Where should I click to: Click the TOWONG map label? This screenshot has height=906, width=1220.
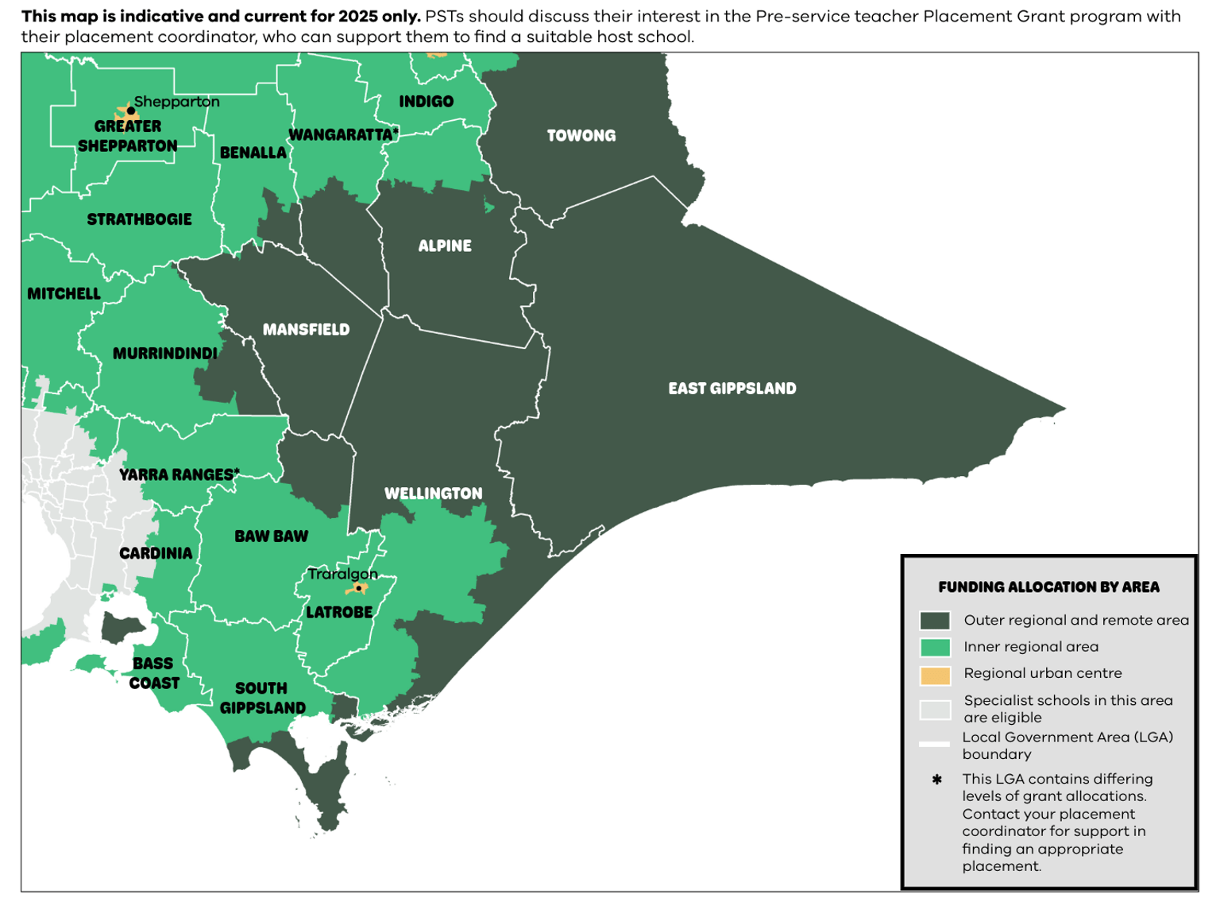[581, 136]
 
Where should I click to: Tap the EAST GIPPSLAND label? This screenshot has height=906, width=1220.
[732, 389]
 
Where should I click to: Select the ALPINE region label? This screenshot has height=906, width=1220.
[445, 246]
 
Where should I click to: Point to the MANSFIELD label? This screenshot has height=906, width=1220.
[306, 330]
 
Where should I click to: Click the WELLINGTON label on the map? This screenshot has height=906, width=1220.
[433, 494]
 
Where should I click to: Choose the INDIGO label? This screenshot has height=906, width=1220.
[426, 102]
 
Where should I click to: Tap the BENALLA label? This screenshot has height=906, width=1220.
[253, 153]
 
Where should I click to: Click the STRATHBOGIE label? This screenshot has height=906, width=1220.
[139, 219]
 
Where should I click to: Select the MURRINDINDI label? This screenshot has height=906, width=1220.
[164, 354]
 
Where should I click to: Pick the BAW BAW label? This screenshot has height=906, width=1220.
[271, 536]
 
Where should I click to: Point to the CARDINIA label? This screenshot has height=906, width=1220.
[156, 553]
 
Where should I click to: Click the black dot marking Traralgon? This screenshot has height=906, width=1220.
[358, 588]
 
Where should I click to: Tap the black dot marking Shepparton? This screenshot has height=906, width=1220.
[130, 111]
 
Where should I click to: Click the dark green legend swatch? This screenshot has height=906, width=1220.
[934, 621]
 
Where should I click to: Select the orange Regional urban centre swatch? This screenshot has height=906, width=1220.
[934, 675]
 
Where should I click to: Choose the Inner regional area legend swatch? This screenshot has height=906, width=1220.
[934, 648]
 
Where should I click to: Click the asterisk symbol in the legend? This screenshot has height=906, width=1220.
[936, 780]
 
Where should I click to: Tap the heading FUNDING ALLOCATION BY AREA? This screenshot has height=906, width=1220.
[1048, 587]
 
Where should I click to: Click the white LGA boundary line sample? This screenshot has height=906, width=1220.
[934, 745]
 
